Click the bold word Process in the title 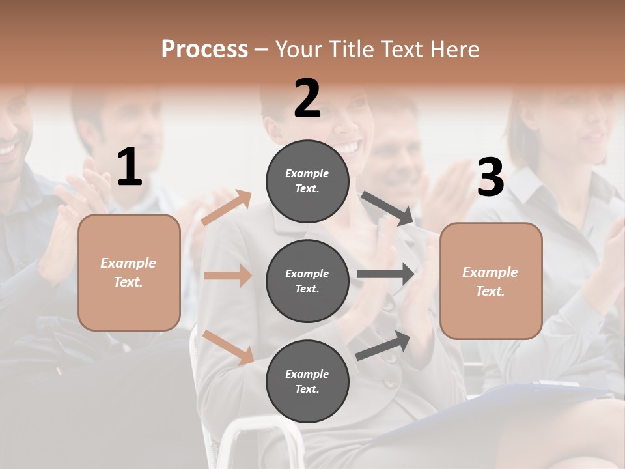[204, 50]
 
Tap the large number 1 [130, 167]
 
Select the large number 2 [307, 98]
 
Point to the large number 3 [490, 177]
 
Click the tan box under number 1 [129, 272]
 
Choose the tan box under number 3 [491, 281]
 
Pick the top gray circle [307, 180]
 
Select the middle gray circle [307, 281]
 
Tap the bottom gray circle [307, 381]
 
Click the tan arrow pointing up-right [227, 208]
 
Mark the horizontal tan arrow [228, 276]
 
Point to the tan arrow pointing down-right [229, 347]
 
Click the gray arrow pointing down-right [387, 208]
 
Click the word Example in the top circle [307, 173]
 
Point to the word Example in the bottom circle [307, 374]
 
